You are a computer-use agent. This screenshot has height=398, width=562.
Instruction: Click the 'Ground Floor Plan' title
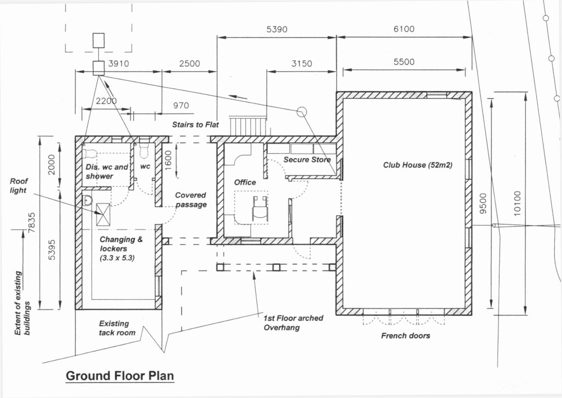tap(120, 376)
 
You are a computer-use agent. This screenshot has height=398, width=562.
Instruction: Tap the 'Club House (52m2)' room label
tap(418, 165)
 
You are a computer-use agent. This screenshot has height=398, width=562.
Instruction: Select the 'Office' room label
tap(245, 182)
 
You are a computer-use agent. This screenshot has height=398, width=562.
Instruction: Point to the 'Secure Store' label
tap(307, 160)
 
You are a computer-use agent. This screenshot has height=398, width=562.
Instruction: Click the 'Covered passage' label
tap(190, 200)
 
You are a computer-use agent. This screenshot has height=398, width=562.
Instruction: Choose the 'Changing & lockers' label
tap(121, 244)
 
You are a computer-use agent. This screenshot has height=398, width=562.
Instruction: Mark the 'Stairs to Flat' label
tap(195, 125)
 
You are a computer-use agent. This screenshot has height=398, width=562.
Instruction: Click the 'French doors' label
tap(406, 335)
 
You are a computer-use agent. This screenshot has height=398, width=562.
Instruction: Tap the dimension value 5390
tap(277, 30)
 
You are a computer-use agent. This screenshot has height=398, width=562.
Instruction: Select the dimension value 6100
tap(404, 29)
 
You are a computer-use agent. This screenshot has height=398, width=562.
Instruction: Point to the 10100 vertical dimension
tap(517, 203)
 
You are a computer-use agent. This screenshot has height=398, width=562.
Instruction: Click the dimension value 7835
tap(32, 223)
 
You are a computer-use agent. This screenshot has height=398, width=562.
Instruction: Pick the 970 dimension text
tap(181, 105)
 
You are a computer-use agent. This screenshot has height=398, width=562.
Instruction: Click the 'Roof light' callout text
tap(19, 186)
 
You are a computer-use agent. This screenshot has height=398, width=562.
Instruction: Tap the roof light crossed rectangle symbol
tap(103, 215)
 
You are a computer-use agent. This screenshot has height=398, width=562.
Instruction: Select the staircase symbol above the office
tap(248, 126)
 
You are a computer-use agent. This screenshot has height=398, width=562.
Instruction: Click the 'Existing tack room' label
tap(117, 328)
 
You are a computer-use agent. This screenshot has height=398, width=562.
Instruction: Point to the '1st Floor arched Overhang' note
tap(293, 323)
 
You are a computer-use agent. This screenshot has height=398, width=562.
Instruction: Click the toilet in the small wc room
tap(144, 152)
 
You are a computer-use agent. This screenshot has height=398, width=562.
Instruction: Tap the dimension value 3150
tap(301, 64)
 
